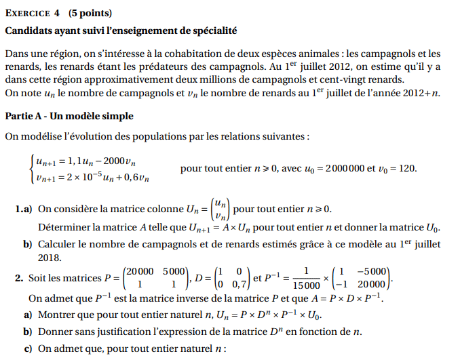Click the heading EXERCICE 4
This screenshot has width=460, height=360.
click(34, 13)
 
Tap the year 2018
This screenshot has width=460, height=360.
click(50, 257)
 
